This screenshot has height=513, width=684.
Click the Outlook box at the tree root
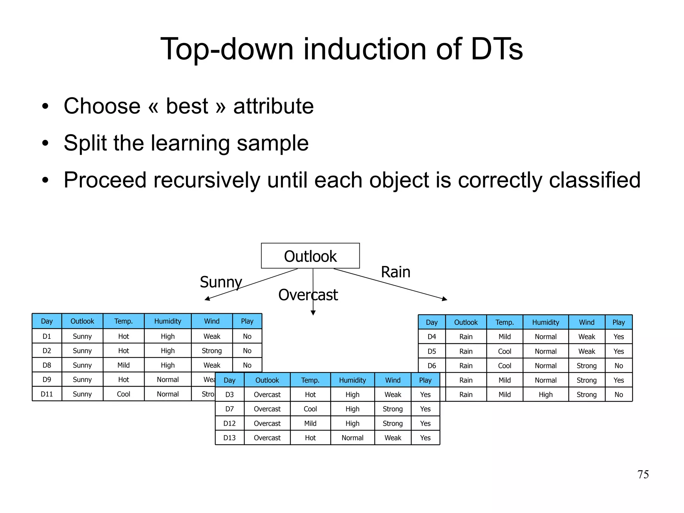point(310,256)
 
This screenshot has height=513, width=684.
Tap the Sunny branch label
point(221,282)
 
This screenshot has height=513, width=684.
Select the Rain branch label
point(395,272)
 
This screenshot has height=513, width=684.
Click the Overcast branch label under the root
point(308,295)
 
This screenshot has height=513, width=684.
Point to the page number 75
point(643,474)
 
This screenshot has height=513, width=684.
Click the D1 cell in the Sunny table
point(47,336)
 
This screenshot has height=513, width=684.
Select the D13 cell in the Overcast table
point(229,438)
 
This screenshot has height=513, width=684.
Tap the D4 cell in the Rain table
point(432,337)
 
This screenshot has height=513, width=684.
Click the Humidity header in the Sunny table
point(167,321)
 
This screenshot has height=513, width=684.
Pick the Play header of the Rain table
point(619,322)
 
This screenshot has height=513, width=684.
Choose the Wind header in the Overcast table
point(393,380)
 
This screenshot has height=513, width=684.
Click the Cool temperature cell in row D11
point(123,394)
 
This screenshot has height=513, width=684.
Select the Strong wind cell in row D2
point(212,351)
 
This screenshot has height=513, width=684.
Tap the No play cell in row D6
point(619,366)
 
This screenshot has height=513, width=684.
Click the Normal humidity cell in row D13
point(352,438)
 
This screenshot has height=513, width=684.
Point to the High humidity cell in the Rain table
point(545,395)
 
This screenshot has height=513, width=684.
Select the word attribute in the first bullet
point(273,106)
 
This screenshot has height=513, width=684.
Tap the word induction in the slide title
point(364,49)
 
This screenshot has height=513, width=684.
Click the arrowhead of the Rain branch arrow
point(445,299)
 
